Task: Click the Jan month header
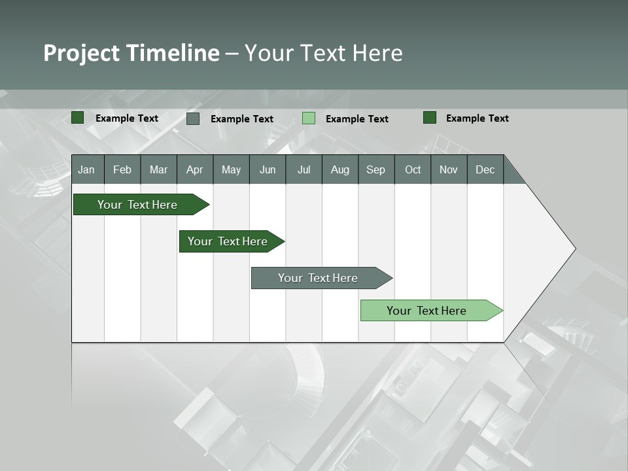pos(87,169)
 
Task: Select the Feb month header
pos(122,169)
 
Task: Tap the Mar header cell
pos(158,169)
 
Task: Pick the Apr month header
pos(195,169)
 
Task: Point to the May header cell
pos(231,169)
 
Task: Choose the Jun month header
pos(268,169)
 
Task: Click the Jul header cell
pos(304,169)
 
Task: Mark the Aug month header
pos(340,169)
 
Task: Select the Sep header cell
pos(376,169)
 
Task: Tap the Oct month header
pos(413,169)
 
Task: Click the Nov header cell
pos(449,169)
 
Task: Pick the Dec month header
pos(485,169)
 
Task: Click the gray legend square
pos(193,118)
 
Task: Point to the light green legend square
pos(309,118)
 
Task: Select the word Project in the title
pos(82,53)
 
